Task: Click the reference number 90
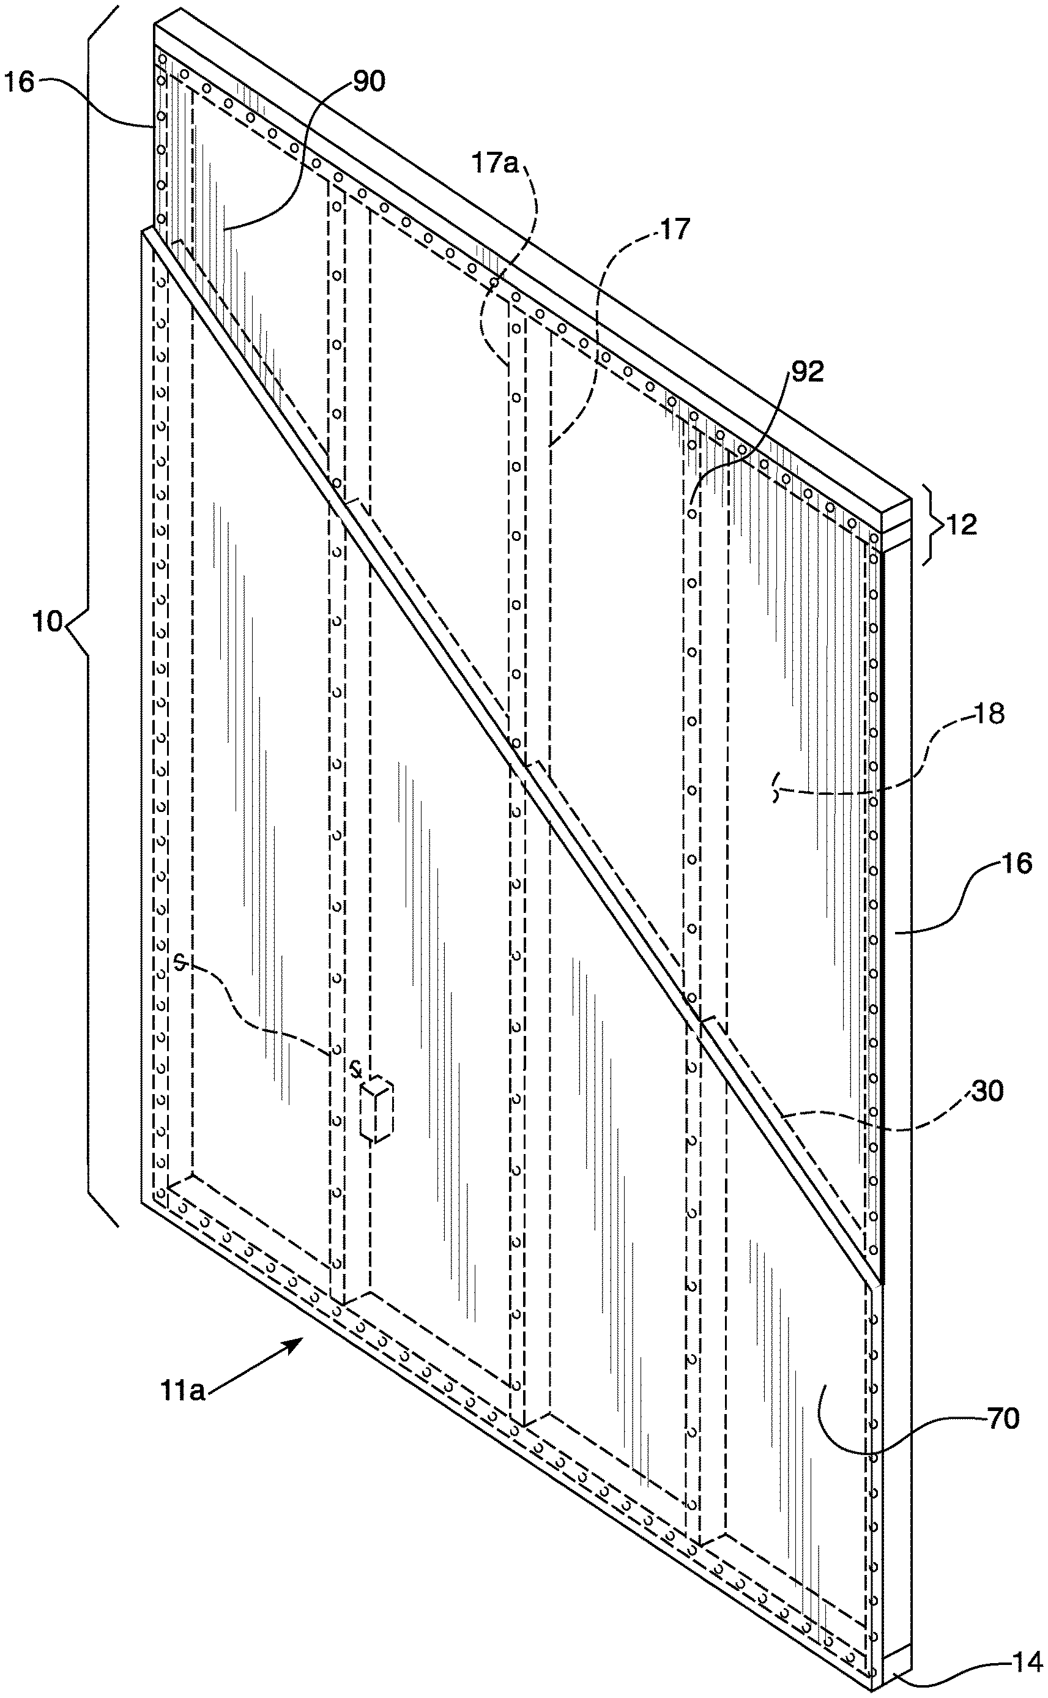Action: tap(369, 82)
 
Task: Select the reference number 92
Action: tap(807, 371)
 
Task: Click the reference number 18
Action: tap(989, 714)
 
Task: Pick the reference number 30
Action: tap(987, 1091)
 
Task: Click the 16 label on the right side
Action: tap(1016, 863)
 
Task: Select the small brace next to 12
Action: tap(932, 524)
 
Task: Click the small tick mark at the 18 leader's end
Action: tap(776, 790)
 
